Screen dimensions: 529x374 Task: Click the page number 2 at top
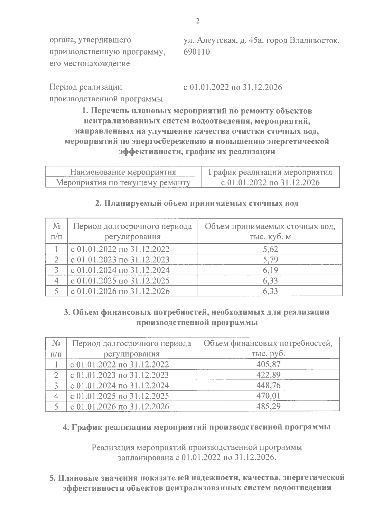(197, 21)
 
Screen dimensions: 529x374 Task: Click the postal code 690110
(197, 52)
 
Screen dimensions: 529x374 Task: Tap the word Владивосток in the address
(314, 41)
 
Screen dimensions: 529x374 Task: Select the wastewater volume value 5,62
(270, 249)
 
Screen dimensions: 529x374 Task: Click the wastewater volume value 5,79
(270, 260)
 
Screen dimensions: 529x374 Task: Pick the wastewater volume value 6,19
(270, 270)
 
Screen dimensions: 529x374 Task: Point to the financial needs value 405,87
(268, 364)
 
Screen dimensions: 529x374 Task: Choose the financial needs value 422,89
(268, 375)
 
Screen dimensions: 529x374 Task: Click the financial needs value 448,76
(268, 385)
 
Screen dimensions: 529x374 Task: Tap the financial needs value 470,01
(268, 396)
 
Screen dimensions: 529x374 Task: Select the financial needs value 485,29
(268, 406)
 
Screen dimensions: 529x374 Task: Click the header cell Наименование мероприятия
(123, 172)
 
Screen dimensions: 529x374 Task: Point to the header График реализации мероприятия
(270, 172)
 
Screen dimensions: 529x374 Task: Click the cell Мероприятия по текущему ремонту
(123, 183)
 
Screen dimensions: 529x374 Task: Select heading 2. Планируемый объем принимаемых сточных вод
(197, 204)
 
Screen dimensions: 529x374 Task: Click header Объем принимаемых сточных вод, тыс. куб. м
(270, 231)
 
